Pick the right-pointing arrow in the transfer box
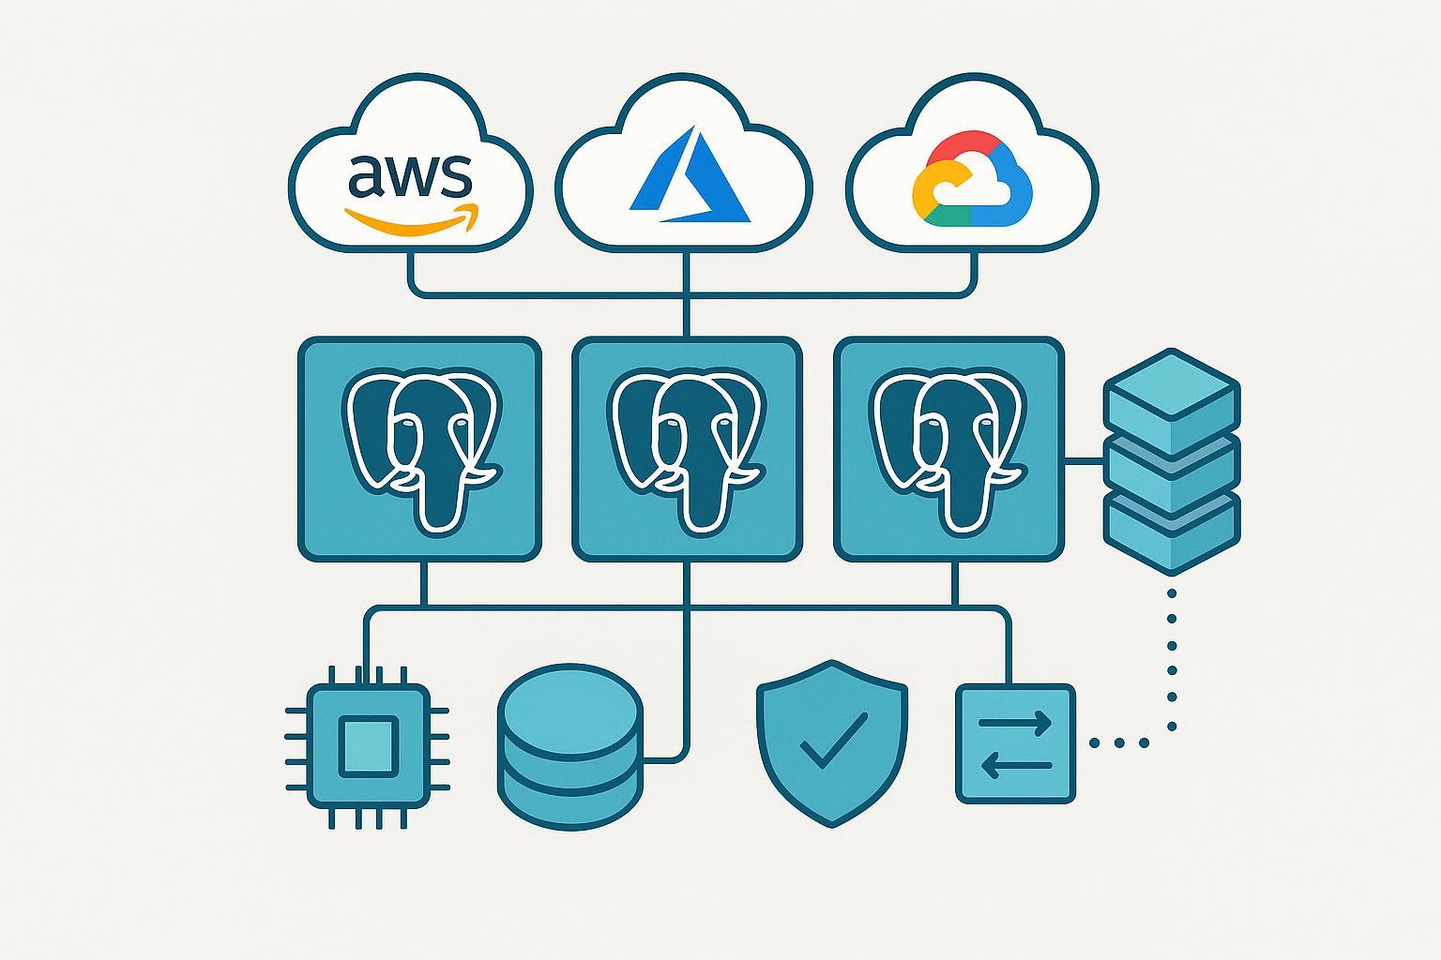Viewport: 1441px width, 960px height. point(1015,723)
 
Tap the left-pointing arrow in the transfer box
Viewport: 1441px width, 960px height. point(1015,766)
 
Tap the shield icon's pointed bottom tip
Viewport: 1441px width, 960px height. point(833,825)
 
